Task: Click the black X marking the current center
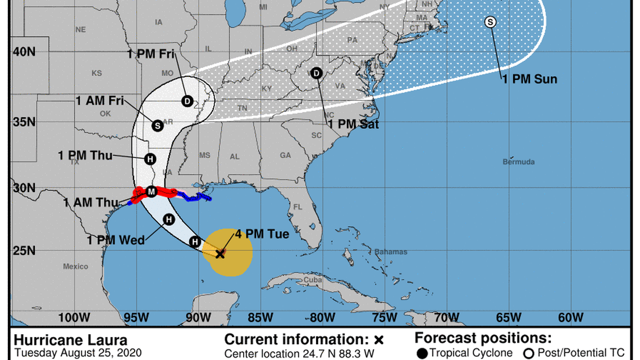click(220, 254)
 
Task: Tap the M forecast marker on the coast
click(151, 192)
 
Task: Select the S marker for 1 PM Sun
click(490, 22)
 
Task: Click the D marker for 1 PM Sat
click(316, 73)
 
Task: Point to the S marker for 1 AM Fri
click(158, 125)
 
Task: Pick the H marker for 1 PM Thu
click(150, 159)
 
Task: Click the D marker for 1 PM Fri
click(187, 101)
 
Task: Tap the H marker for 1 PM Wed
click(168, 220)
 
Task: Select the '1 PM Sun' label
click(529, 79)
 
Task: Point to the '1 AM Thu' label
click(91, 203)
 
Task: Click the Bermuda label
click(518, 162)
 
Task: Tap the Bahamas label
click(391, 252)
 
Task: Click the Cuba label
click(311, 280)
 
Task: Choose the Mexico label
click(75, 266)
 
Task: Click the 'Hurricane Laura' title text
click(70, 340)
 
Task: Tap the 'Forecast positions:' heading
click(483, 338)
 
